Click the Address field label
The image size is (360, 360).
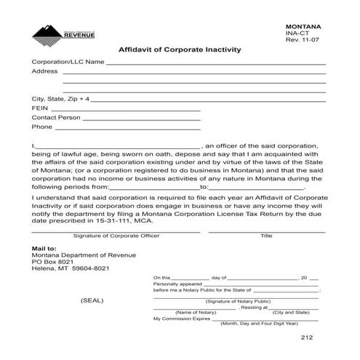(x=44, y=72)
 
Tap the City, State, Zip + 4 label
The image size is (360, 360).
(x=61, y=97)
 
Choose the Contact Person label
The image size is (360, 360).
(x=55, y=116)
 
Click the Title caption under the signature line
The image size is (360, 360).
(x=266, y=236)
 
